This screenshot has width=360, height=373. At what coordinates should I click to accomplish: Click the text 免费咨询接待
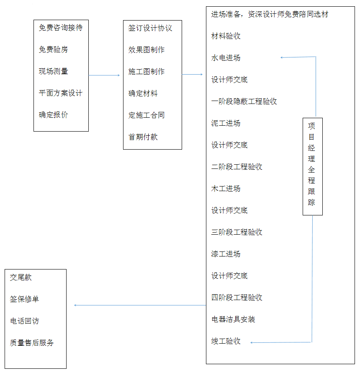tap(61, 28)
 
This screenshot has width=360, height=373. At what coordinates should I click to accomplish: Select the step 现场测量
tap(53, 71)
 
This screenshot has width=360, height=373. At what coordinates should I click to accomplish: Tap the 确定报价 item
tap(53, 115)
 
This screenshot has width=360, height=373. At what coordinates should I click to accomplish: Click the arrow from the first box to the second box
tap(104, 75)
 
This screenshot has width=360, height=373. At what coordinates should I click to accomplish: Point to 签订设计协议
tap(150, 28)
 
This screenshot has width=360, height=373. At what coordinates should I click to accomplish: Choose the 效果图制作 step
tap(147, 50)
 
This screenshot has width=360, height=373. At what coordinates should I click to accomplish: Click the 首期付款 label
tap(143, 137)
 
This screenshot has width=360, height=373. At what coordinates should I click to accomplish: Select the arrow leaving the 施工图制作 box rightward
tap(192, 75)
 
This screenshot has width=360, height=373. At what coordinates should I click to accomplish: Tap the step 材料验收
tap(226, 36)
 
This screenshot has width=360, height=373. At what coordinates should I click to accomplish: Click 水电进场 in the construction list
tap(226, 58)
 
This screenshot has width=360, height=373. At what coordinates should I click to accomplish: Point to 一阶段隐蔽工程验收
tap(244, 101)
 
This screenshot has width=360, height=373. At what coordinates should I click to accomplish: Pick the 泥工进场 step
tap(226, 123)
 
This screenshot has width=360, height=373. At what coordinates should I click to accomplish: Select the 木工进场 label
tap(226, 189)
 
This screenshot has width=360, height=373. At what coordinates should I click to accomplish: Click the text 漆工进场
tap(226, 254)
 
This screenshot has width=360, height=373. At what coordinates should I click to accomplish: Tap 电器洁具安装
tap(233, 319)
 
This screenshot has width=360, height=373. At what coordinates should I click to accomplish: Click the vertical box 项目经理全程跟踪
tap(312, 166)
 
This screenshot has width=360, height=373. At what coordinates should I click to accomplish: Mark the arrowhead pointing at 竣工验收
tap(252, 342)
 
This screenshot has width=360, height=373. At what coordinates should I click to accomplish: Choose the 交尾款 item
tap(21, 277)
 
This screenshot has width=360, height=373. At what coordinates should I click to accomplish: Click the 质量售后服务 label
tap(31, 342)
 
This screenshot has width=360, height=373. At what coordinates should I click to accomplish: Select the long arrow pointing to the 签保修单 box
tap(140, 305)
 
